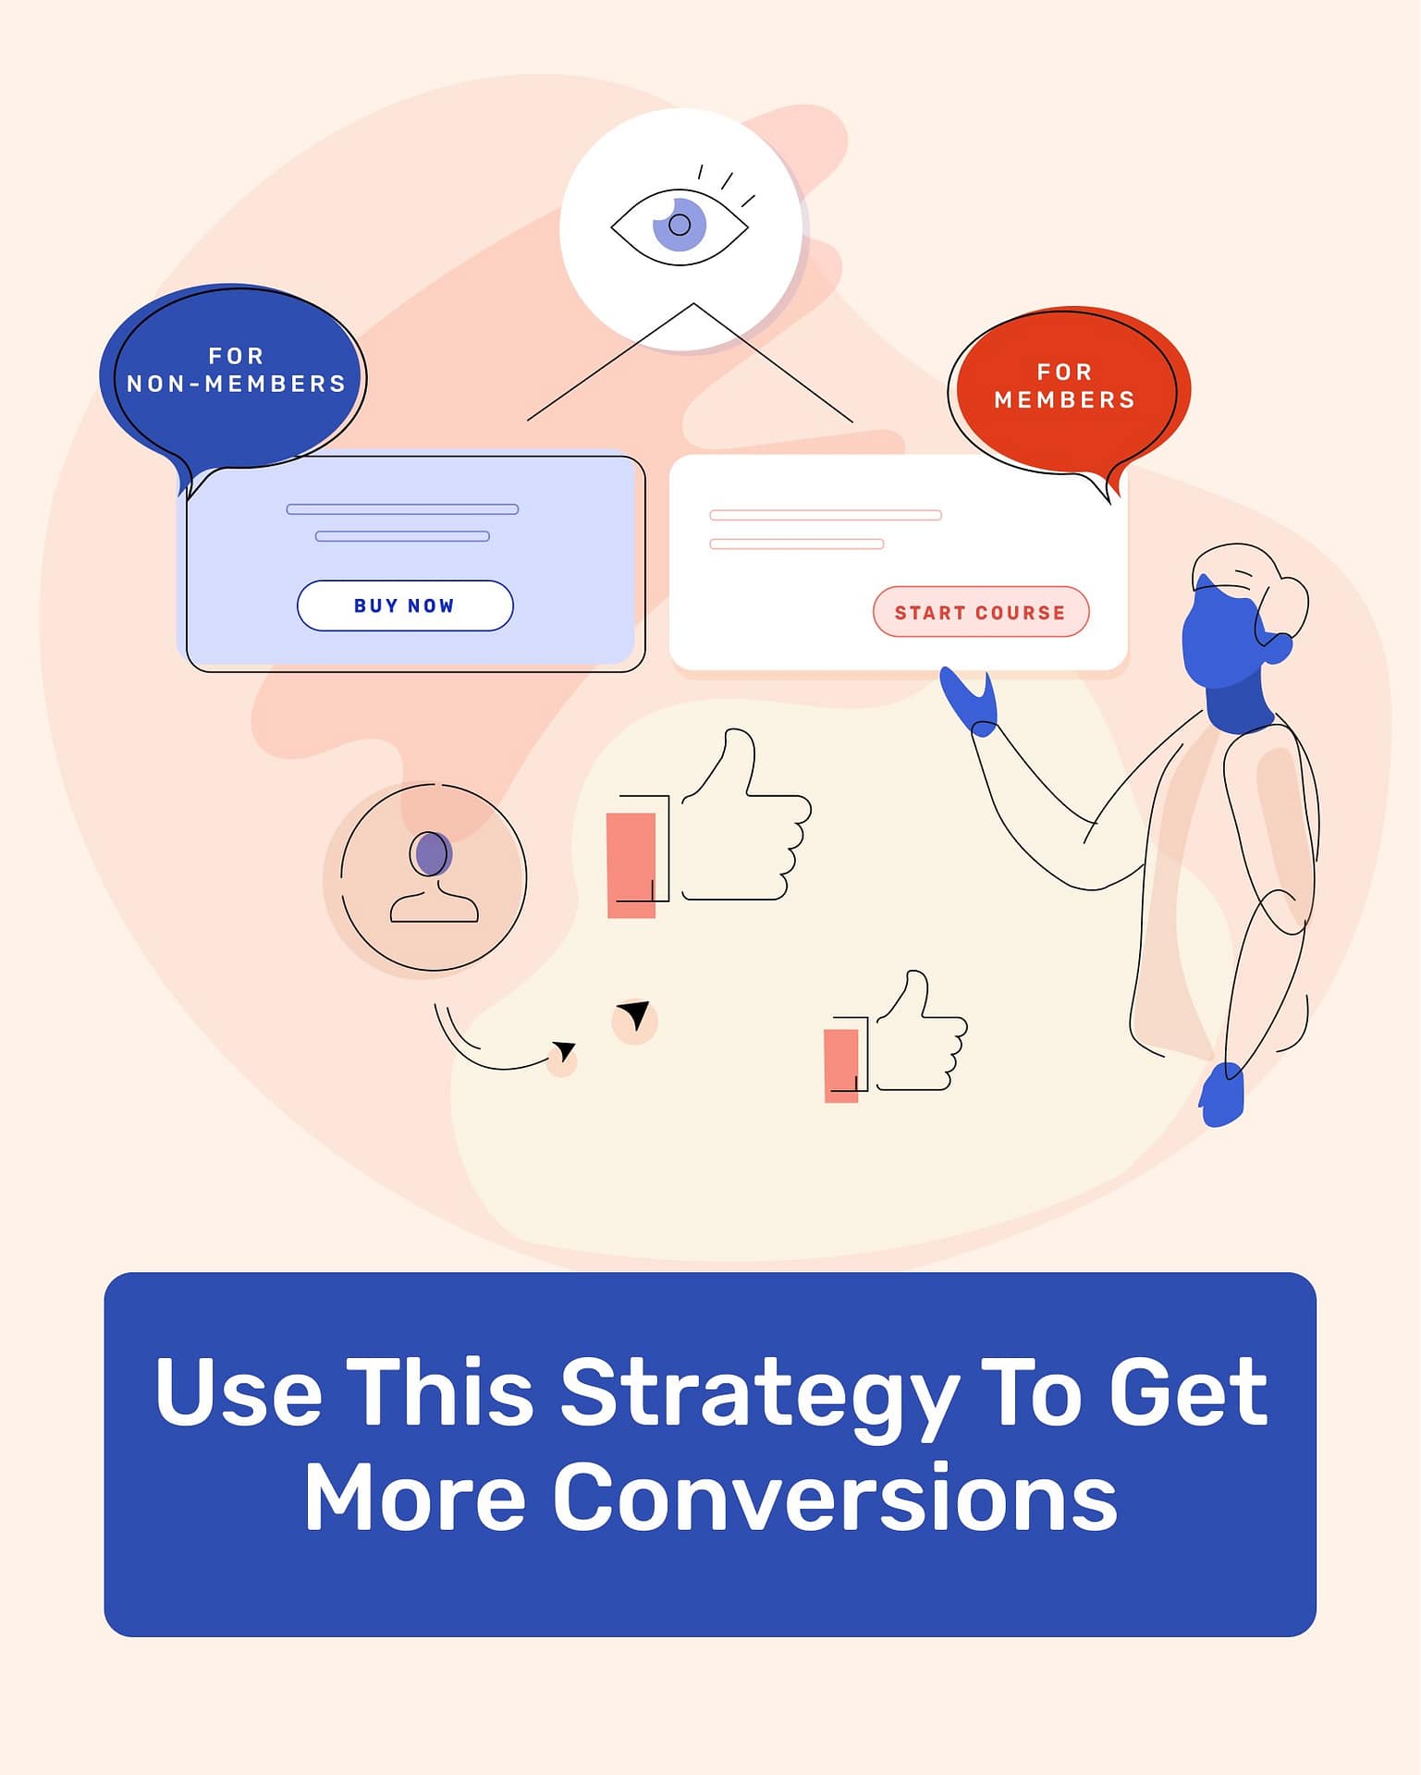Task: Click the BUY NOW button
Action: pyautogui.click(x=405, y=606)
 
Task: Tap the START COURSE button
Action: pyautogui.click(x=981, y=612)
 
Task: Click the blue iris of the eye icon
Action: pyautogui.click(x=680, y=225)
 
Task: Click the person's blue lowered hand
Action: pyautogui.click(x=1222, y=1096)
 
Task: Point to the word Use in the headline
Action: pyautogui.click(x=238, y=1392)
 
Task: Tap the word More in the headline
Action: pyautogui.click(x=414, y=1498)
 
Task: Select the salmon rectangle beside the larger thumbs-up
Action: pyautogui.click(x=631, y=865)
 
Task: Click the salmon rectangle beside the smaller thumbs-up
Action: pyautogui.click(x=840, y=1065)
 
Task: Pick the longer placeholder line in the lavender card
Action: pyautogui.click(x=402, y=509)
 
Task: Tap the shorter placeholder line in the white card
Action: pyautogui.click(x=796, y=545)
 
